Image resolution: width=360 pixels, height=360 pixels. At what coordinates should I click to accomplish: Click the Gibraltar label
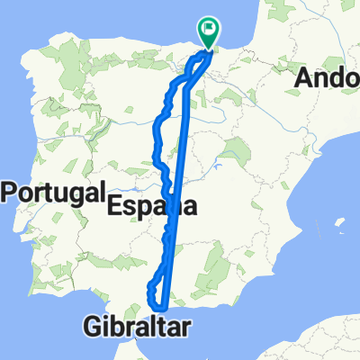pos(139,325)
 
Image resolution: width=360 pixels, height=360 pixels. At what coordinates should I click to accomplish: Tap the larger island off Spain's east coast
pos(340,223)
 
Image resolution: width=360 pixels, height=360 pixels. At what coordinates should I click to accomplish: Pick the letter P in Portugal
pos(13,193)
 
